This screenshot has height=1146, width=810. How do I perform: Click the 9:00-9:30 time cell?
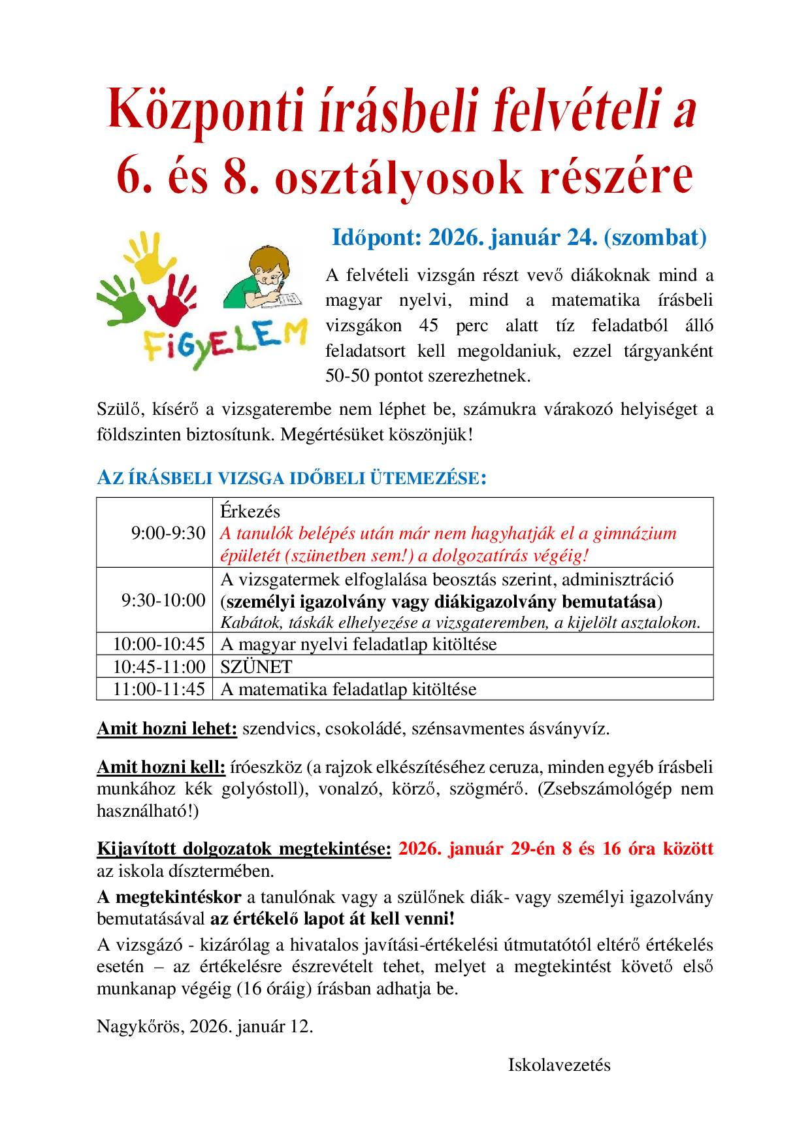coord(168,533)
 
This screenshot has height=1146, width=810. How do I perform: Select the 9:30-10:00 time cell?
coord(163,600)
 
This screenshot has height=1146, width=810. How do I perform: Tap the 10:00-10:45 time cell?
coord(159,644)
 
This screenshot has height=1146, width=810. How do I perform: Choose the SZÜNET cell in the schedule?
coord(256,666)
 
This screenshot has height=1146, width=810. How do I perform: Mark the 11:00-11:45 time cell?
coord(159,689)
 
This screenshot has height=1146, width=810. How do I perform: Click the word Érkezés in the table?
coord(250,512)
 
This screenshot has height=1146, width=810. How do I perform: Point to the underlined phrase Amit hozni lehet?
coord(167,729)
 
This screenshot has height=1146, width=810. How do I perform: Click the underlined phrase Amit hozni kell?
coord(161,767)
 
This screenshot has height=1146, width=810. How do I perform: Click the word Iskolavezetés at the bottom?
coord(559,1065)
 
